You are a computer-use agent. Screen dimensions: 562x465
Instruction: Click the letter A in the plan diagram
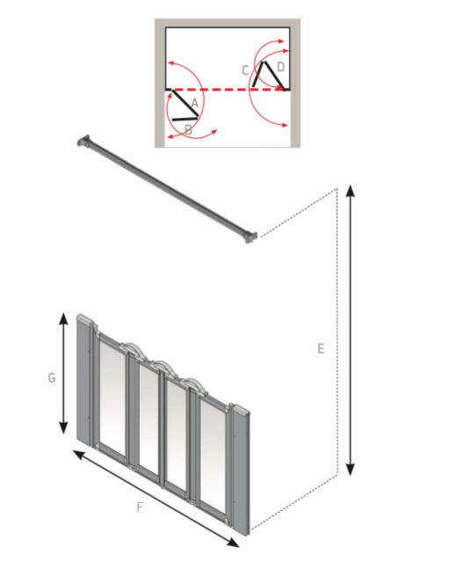tap(194, 105)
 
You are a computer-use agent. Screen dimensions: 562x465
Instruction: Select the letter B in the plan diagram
tap(188, 130)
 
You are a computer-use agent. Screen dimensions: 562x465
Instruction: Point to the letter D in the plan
tap(280, 67)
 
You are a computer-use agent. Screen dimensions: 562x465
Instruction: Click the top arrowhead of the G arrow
tap(63, 317)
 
